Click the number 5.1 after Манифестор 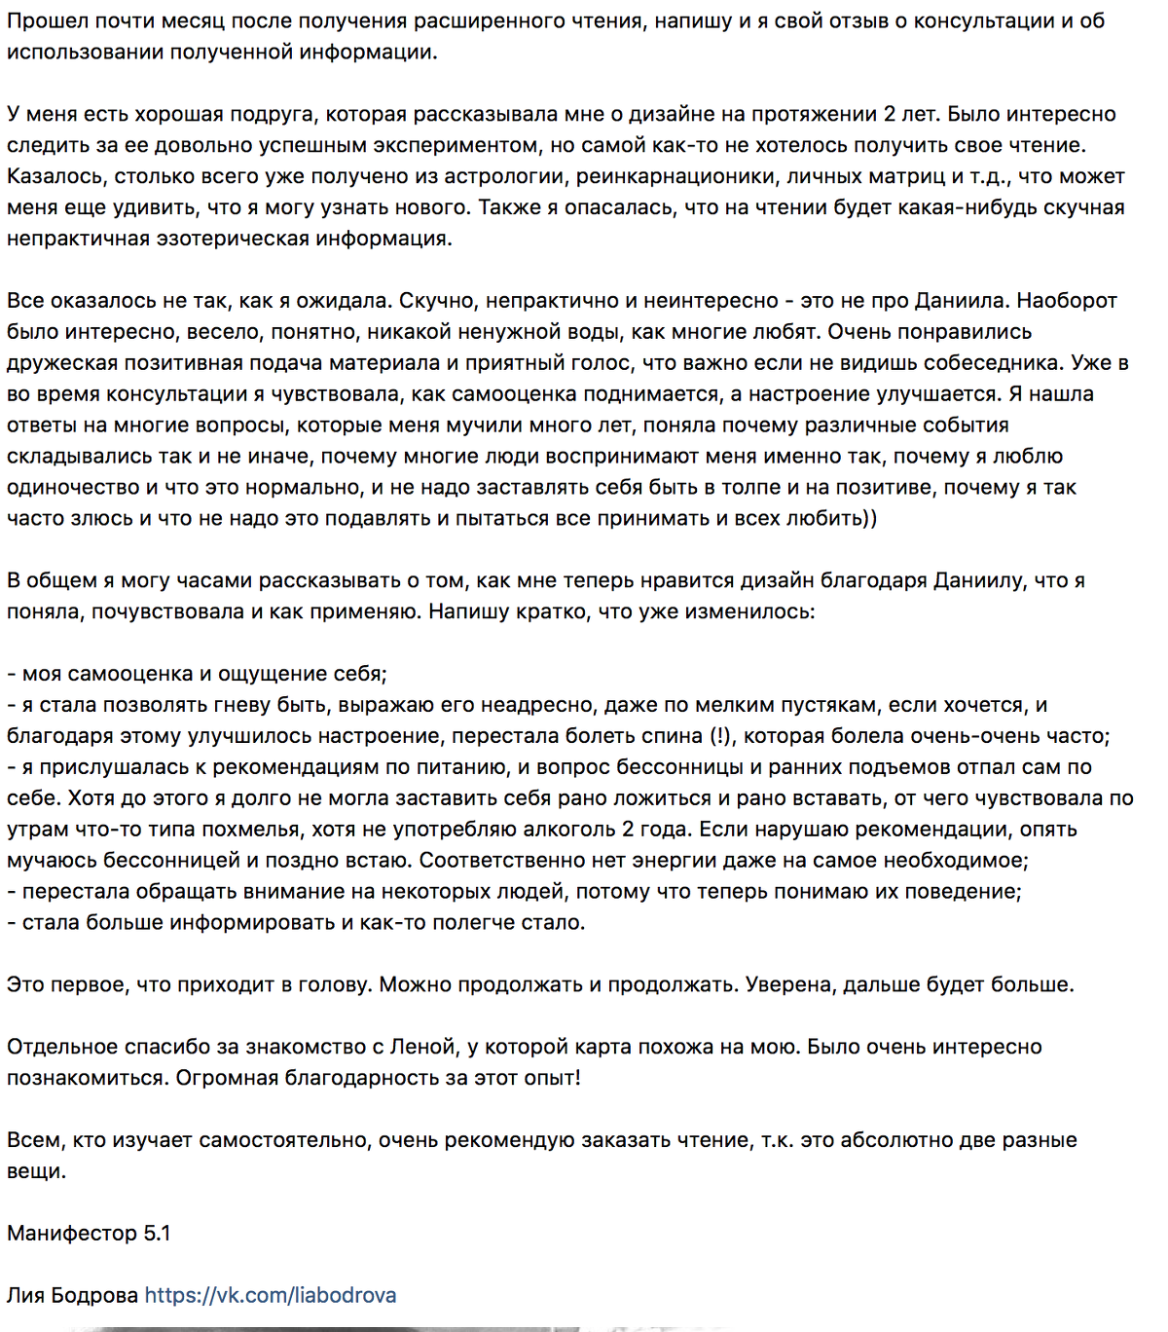point(158,1234)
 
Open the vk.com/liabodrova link point(270,1296)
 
